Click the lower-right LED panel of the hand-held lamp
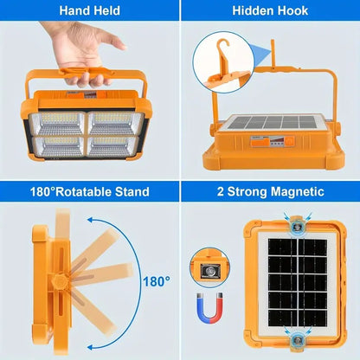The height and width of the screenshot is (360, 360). coord(116,145)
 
